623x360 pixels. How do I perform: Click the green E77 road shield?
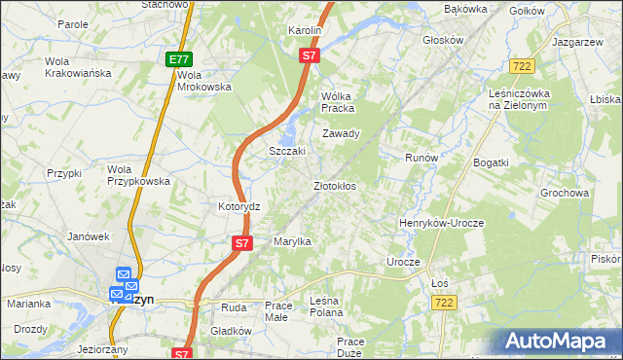(178, 59)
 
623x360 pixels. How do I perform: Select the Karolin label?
(304, 31)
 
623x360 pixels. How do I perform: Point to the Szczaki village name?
(287, 151)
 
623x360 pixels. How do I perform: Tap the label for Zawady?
(342, 133)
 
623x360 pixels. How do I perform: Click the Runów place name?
(422, 157)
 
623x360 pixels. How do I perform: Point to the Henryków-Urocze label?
(441, 223)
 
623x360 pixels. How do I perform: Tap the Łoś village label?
(439, 282)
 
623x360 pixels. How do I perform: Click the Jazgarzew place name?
(577, 44)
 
